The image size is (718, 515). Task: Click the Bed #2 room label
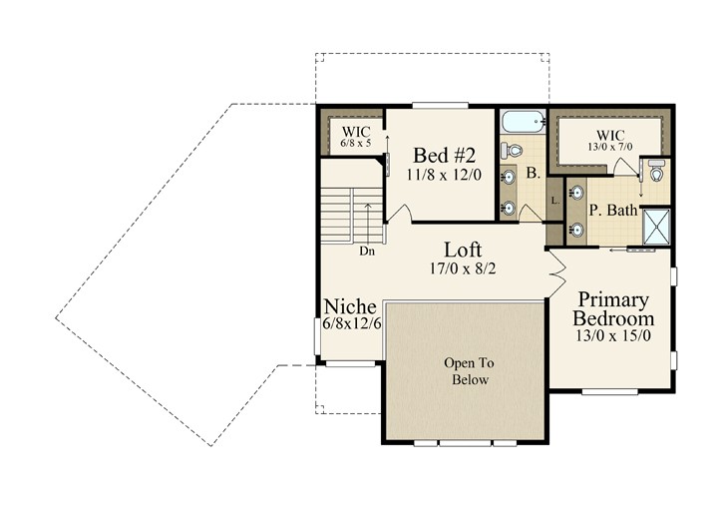point(444,155)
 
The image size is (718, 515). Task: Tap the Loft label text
point(463,251)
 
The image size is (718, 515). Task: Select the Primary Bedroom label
point(613,309)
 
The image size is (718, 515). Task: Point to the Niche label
point(350,306)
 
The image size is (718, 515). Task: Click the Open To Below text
point(470,371)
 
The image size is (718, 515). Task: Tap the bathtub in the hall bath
point(523,122)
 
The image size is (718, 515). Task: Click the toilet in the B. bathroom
point(512,150)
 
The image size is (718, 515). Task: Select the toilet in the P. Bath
point(657,171)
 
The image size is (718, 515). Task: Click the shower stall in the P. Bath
point(656,228)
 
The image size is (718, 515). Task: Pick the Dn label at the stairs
point(367,252)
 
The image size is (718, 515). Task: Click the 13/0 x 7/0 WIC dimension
point(610,147)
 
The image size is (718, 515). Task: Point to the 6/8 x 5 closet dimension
point(356,143)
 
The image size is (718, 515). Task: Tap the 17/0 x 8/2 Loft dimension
point(463,268)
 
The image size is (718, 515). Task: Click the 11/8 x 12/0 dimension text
point(444,175)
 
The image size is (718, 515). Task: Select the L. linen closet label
point(555,201)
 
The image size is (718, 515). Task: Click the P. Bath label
point(613,211)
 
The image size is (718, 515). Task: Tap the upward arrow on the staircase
point(367,224)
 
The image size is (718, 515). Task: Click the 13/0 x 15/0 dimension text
point(613,336)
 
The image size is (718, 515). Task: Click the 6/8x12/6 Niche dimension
point(352,323)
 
